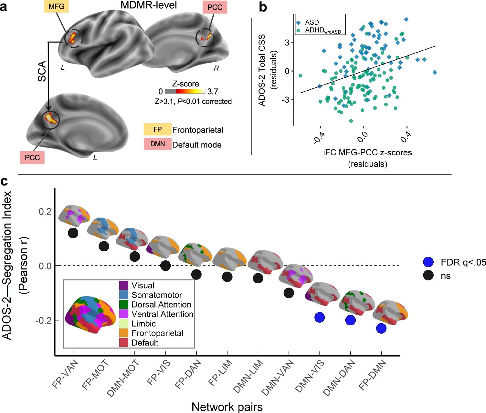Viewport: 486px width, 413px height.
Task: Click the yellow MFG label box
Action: (56, 6)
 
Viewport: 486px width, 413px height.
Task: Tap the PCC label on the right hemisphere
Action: (215, 7)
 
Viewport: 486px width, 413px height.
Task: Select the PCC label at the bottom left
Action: (32, 157)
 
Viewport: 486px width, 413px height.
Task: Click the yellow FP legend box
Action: (157, 129)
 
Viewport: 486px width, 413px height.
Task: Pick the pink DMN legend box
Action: (157, 144)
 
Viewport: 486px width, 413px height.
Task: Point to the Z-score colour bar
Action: (185, 91)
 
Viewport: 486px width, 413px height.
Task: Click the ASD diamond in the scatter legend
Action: (299, 23)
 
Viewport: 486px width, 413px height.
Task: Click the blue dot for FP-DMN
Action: (381, 328)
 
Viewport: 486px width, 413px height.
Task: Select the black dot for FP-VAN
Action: (73, 233)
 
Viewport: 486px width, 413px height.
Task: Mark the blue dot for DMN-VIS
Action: (320, 317)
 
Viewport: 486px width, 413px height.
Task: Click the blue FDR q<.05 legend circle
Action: (428, 262)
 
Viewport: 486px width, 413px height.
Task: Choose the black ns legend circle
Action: (428, 276)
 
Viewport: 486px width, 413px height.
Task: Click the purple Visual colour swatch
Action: (124, 286)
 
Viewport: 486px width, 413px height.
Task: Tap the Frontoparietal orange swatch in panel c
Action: (124, 333)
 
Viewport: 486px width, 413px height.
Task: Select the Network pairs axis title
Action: (227, 407)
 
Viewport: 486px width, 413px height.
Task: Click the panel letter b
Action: (263, 7)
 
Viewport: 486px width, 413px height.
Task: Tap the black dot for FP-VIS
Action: (165, 266)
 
